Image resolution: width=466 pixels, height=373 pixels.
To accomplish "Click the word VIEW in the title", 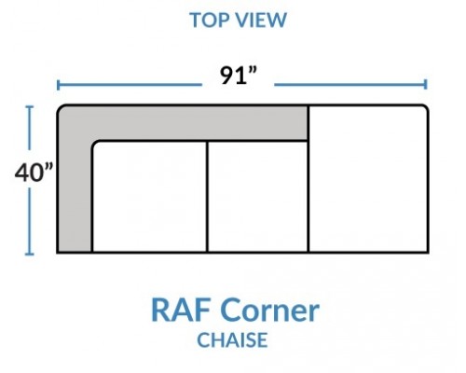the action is [x=262, y=20].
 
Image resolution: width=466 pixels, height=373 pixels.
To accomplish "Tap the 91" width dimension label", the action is [x=239, y=76].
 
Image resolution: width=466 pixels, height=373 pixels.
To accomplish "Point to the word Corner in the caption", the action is [x=271, y=310].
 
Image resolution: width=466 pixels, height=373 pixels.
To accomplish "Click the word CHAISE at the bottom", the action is [x=232, y=339].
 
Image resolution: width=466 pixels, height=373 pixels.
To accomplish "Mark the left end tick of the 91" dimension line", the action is [x=58, y=85].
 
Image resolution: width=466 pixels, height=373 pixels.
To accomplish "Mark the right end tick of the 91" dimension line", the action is [x=426, y=84].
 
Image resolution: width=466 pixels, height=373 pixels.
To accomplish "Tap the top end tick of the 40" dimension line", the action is [x=30, y=107].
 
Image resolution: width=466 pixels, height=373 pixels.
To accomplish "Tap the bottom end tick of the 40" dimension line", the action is [x=30, y=255].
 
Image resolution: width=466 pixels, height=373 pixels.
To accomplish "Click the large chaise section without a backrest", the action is [x=368, y=179].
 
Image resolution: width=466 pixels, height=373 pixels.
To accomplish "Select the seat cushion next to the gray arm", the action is [x=149, y=197].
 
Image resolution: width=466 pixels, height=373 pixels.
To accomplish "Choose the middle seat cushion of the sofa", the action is [x=257, y=197].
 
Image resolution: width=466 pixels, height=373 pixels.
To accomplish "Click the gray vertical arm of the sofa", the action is [x=75, y=186].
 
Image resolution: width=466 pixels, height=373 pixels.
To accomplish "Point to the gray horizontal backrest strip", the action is [x=199, y=123].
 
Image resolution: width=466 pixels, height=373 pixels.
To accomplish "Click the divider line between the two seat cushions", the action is [x=207, y=197].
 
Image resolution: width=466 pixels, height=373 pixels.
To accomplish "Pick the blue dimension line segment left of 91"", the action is [x=130, y=85].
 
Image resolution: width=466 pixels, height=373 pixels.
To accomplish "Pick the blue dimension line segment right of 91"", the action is [x=350, y=84].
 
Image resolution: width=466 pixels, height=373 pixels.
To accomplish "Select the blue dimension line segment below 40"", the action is [x=30, y=221].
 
